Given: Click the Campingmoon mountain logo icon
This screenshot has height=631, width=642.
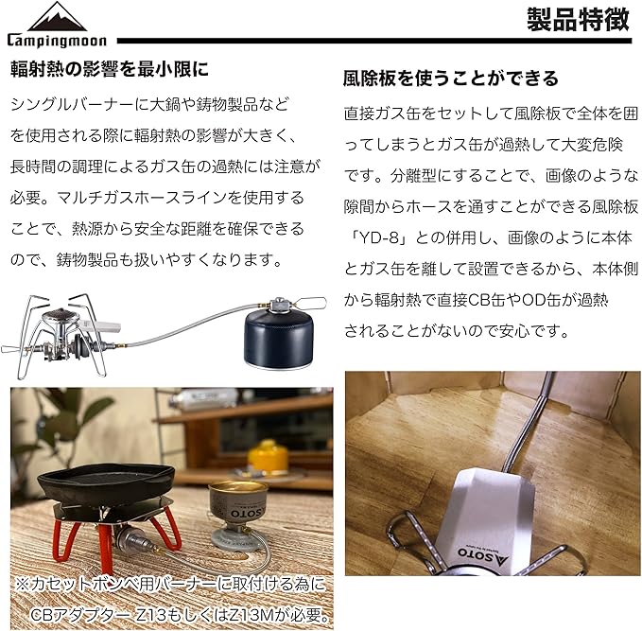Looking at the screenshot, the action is (58, 16).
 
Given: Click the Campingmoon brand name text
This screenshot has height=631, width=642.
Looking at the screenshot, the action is (57, 41).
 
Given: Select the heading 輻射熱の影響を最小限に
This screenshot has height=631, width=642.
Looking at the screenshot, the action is (110, 69).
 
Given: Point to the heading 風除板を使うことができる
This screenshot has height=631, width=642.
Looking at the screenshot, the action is (451, 78).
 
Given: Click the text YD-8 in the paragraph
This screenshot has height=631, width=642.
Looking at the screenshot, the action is (378, 237).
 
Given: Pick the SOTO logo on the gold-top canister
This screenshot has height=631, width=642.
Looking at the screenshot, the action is (247, 513).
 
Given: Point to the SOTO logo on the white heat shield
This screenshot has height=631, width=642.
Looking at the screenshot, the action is (483, 555).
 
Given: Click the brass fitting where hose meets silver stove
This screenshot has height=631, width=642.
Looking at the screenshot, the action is (119, 345).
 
